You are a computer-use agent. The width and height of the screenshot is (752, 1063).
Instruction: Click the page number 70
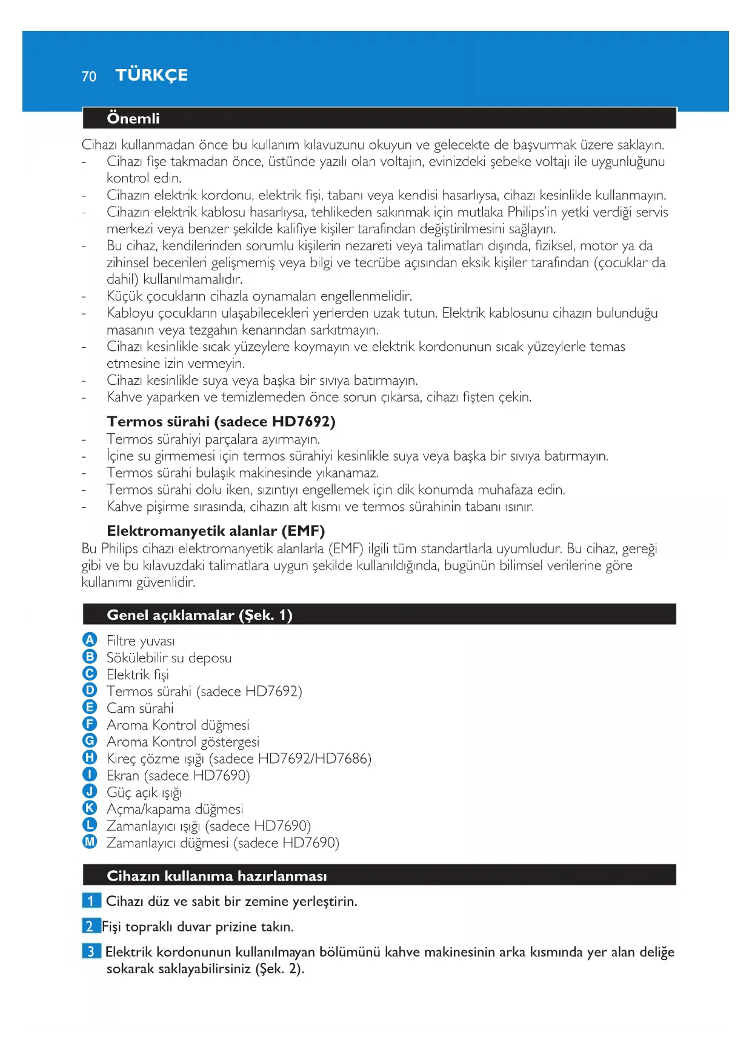(88, 76)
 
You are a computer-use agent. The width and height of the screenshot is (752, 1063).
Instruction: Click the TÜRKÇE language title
(151, 75)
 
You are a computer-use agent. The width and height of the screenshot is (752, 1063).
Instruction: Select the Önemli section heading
(133, 118)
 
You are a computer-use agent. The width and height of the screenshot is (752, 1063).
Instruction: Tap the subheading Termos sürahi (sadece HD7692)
(221, 421)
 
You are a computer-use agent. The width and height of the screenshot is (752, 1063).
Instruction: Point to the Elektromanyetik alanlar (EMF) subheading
(216, 531)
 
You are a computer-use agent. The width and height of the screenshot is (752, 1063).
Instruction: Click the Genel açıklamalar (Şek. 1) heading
(199, 615)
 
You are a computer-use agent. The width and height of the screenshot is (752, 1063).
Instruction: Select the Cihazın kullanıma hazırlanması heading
(216, 876)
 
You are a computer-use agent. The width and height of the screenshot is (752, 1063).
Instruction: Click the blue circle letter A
(90, 640)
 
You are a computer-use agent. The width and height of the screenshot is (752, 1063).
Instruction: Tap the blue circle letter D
(90, 690)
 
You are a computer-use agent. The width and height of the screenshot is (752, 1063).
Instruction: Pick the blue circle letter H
(90, 758)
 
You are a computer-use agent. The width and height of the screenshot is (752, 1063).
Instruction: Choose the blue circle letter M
(90, 842)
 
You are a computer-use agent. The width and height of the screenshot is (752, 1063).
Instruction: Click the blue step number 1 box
(91, 901)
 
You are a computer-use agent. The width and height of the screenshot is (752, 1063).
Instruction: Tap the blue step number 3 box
(91, 951)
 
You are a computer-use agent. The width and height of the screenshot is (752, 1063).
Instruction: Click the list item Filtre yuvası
(141, 641)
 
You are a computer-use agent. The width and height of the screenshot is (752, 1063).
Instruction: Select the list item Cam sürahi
(140, 708)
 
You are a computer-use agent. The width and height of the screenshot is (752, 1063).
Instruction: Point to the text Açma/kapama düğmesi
(175, 809)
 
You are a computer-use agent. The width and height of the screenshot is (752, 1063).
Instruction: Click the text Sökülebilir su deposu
(168, 658)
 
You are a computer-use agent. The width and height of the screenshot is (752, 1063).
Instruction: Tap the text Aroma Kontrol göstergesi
(182, 742)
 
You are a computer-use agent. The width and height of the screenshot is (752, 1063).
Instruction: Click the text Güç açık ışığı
(144, 792)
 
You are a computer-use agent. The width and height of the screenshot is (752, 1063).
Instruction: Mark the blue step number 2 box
(90, 926)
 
